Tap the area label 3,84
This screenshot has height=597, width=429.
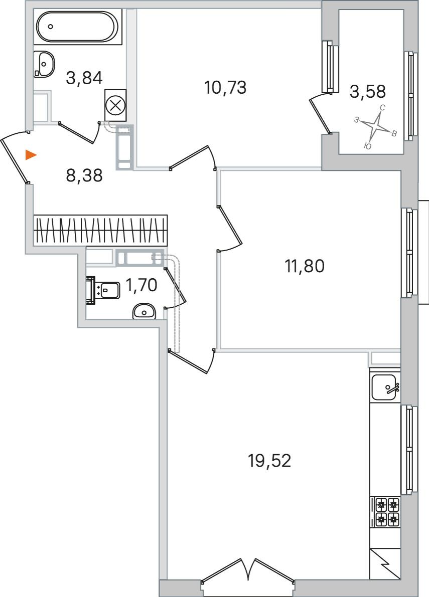tap(84, 78)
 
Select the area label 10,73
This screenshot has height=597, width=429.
tap(225, 88)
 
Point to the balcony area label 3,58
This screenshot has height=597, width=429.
tap(368, 91)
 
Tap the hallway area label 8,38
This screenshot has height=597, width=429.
tap(84, 175)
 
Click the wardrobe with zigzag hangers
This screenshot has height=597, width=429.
tap(100, 230)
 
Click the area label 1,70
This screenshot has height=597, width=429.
tap(141, 285)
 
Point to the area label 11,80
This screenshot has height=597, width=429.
tap(305, 266)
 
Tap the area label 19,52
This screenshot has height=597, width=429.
tap(269, 461)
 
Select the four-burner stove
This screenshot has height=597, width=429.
tap(385, 512)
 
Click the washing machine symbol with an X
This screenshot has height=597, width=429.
tap(115, 105)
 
